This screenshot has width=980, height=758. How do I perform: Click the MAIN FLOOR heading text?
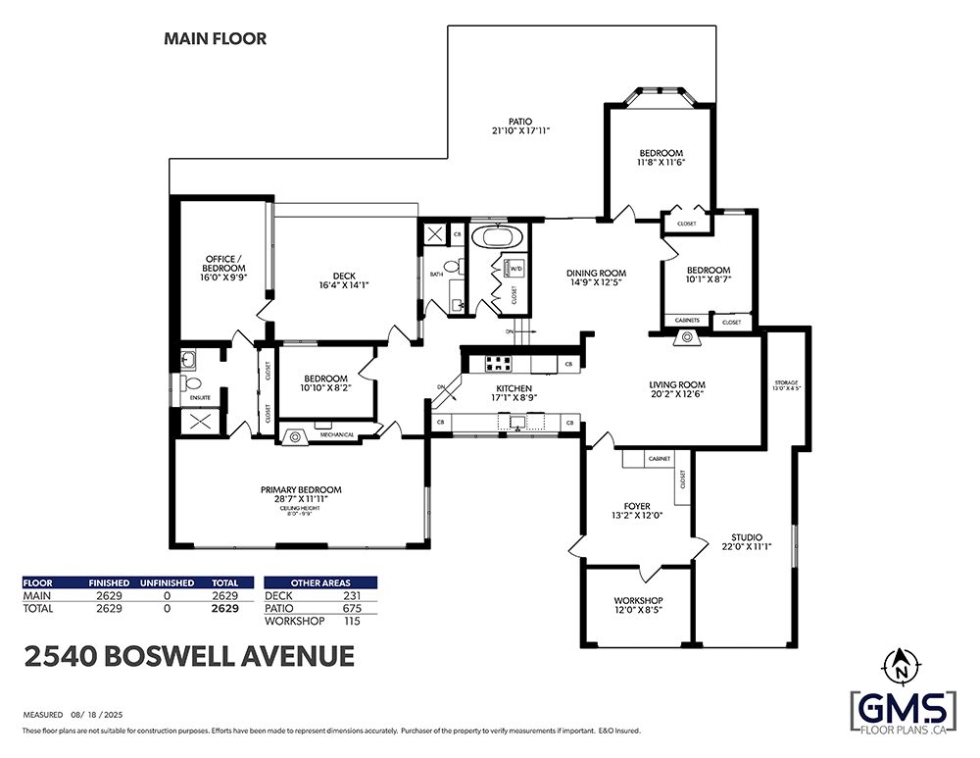(x=214, y=39)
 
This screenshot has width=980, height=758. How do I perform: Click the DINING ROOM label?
(x=596, y=274)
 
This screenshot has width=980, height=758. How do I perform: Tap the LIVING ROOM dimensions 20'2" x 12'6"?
(x=677, y=394)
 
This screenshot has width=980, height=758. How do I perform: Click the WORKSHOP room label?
(x=638, y=600)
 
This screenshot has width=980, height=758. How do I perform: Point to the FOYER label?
(x=637, y=506)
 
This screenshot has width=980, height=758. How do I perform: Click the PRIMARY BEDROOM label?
(x=301, y=489)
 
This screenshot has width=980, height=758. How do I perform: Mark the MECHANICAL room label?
(x=335, y=434)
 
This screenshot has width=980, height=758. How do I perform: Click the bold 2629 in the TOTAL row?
(x=225, y=608)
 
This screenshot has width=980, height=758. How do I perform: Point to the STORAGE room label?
(x=787, y=382)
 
